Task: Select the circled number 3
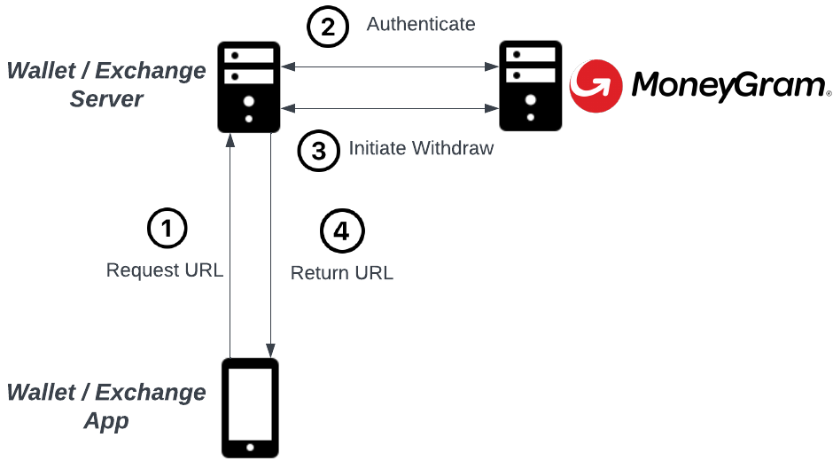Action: [x=317, y=151]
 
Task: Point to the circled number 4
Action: [x=341, y=232]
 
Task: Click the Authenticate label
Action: [x=421, y=24]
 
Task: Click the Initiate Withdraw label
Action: [x=421, y=149]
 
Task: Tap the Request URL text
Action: [x=165, y=270]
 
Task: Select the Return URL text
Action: [x=341, y=273]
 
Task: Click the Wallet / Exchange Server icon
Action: [x=249, y=86]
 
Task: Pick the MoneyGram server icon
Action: [x=530, y=86]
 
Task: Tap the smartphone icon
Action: [x=249, y=407]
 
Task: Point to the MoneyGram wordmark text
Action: [x=729, y=86]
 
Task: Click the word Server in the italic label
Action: [x=107, y=99]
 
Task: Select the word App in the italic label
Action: [x=106, y=421]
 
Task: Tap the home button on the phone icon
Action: [x=249, y=446]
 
